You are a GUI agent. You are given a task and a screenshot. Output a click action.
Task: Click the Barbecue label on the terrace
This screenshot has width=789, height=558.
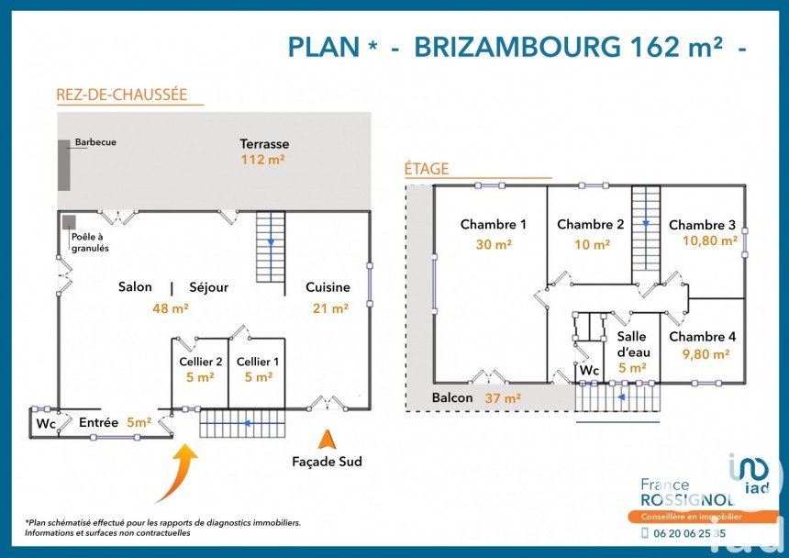[95, 142]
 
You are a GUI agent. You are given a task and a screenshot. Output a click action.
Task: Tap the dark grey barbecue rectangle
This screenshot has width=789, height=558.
[64, 165]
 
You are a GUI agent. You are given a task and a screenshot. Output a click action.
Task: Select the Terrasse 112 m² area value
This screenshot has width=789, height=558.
[262, 160]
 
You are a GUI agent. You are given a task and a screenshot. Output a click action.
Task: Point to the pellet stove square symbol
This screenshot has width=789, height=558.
[69, 222]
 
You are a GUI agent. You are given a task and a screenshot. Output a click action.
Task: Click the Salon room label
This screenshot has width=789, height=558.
[135, 286]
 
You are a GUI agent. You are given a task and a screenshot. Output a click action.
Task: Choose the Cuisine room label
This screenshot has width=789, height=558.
[328, 287]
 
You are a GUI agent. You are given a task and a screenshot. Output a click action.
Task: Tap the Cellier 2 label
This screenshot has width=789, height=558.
[201, 362]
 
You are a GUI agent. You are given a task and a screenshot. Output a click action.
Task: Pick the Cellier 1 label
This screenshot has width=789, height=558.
[258, 362]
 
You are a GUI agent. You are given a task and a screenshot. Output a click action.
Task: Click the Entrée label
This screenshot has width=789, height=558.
[99, 423]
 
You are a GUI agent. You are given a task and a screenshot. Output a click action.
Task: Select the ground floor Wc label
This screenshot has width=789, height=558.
[46, 424]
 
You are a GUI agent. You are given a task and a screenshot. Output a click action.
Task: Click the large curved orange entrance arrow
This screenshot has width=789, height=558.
[178, 474]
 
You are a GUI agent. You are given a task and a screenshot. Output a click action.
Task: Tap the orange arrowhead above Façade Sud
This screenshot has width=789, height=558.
[328, 440]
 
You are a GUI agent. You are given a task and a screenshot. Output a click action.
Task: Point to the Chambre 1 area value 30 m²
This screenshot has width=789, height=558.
[494, 244]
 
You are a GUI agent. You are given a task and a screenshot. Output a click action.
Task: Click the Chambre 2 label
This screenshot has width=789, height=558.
[590, 225]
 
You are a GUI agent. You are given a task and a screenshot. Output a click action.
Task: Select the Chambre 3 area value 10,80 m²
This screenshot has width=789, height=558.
[710, 241]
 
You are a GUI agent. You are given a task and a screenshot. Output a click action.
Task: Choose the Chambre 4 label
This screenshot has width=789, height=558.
[703, 337]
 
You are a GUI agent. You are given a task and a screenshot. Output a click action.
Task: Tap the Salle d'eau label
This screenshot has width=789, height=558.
[634, 344]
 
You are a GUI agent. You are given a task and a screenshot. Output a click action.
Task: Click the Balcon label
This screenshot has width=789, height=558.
[452, 398]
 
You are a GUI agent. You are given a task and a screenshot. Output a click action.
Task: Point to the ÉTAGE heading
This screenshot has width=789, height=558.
[427, 169]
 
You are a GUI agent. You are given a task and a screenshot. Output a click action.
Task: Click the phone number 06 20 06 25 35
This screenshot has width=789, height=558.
[689, 533]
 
